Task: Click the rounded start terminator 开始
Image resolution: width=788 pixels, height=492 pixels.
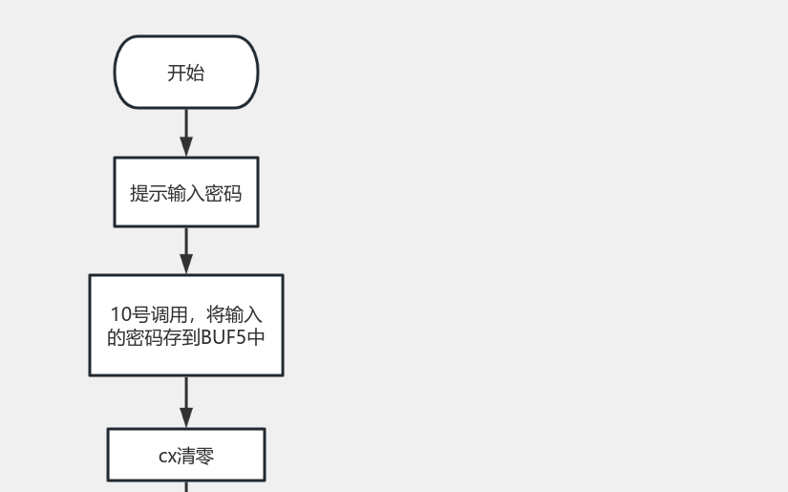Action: (186, 73)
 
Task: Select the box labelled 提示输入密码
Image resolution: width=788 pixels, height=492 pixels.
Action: (186, 192)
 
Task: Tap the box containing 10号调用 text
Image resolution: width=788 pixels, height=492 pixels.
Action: (186, 325)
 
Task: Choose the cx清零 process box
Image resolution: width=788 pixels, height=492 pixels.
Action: (186, 455)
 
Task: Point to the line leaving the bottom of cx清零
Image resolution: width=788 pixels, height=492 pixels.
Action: (186, 486)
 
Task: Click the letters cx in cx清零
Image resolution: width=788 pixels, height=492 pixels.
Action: (167, 457)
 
